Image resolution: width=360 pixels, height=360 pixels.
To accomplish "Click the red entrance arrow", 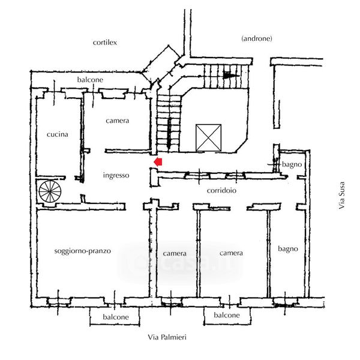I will tap(158, 161).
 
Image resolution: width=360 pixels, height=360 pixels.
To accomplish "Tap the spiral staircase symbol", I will tap(49, 192).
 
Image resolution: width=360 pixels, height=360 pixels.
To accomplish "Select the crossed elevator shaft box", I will tap(208, 137).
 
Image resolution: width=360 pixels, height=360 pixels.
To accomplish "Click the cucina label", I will tap(57, 134).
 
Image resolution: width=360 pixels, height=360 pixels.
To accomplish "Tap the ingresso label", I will tap(116, 175).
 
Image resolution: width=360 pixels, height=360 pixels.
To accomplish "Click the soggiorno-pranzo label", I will tap(82, 251).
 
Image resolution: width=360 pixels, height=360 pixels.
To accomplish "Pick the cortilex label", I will tap(104, 43).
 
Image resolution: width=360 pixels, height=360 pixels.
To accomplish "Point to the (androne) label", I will tap(256, 38).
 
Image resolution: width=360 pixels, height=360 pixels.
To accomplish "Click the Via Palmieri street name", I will tap(167, 338).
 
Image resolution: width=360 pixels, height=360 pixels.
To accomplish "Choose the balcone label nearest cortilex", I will tap(90, 80).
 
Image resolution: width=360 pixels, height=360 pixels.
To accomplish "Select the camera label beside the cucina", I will tap(117, 121).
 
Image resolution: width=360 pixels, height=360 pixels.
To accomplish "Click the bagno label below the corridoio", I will tap(287, 248).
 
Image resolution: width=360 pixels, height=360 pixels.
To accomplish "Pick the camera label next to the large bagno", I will tap(231, 253).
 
